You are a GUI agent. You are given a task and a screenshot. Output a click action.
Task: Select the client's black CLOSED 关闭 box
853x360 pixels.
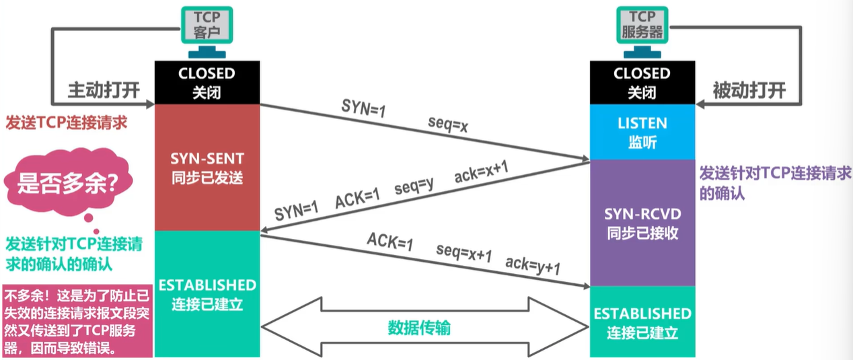207,81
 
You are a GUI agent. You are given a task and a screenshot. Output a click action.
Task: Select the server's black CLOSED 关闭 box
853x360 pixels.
642,81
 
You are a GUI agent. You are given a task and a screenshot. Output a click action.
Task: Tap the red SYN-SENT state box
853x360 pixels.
207,168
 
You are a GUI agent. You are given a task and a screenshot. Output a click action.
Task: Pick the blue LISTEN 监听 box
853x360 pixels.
642,132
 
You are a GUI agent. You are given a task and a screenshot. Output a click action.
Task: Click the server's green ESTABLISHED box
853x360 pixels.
642,322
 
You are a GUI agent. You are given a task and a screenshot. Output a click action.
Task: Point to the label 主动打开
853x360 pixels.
103,90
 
